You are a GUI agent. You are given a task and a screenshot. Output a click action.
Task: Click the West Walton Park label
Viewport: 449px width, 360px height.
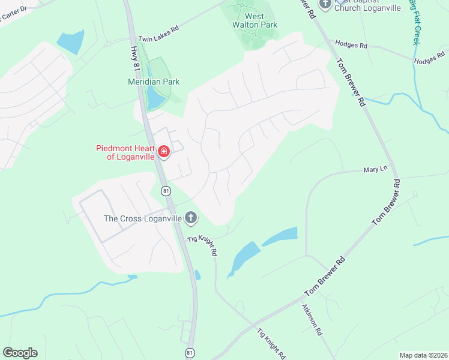253,20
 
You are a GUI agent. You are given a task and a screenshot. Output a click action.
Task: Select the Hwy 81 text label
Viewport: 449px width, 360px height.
134,52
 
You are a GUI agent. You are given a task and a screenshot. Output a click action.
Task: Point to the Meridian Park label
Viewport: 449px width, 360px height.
154,82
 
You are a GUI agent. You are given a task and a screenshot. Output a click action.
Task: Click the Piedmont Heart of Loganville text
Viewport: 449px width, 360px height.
125,152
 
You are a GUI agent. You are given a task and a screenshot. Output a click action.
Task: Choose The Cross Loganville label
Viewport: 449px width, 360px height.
143,218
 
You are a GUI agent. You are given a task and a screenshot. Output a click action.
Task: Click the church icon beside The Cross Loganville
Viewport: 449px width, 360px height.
190,218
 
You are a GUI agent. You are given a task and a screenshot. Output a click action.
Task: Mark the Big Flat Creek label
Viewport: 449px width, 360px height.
414,23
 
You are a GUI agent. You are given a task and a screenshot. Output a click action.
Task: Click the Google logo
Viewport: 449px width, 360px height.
20,353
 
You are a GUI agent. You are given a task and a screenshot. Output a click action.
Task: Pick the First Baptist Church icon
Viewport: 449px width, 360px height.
325,4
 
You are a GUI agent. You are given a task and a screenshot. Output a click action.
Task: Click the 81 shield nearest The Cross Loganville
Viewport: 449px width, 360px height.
166,190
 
